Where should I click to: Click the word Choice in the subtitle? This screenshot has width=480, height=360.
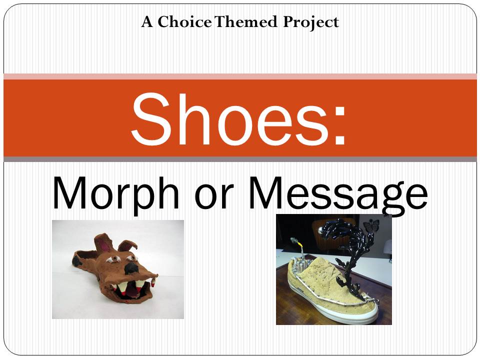(184, 21)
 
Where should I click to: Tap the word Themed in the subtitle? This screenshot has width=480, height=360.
(246, 21)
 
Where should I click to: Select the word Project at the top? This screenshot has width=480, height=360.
(310, 22)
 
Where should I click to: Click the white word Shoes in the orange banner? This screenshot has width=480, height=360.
(229, 119)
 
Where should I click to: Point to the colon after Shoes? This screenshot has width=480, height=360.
(340, 125)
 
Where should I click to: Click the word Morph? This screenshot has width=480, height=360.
(115, 194)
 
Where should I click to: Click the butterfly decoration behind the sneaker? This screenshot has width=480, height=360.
(371, 226)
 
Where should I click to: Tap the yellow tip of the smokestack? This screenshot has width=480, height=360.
(301, 245)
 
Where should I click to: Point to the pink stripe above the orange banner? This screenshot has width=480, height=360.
(240, 76)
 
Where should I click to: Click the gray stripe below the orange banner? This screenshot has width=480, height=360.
(240, 159)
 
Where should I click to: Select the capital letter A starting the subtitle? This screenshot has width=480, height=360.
(147, 22)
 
